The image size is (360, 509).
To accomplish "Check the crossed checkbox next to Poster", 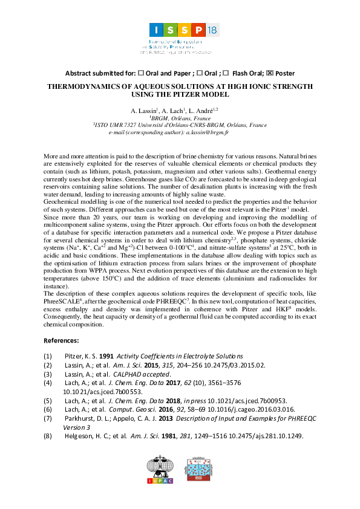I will tap(270, 73).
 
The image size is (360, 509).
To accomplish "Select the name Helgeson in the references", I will tap(79, 436).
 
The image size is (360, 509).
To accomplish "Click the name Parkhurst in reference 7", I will tap(80, 418).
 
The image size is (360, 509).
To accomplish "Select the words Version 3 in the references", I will tap(76, 427).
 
